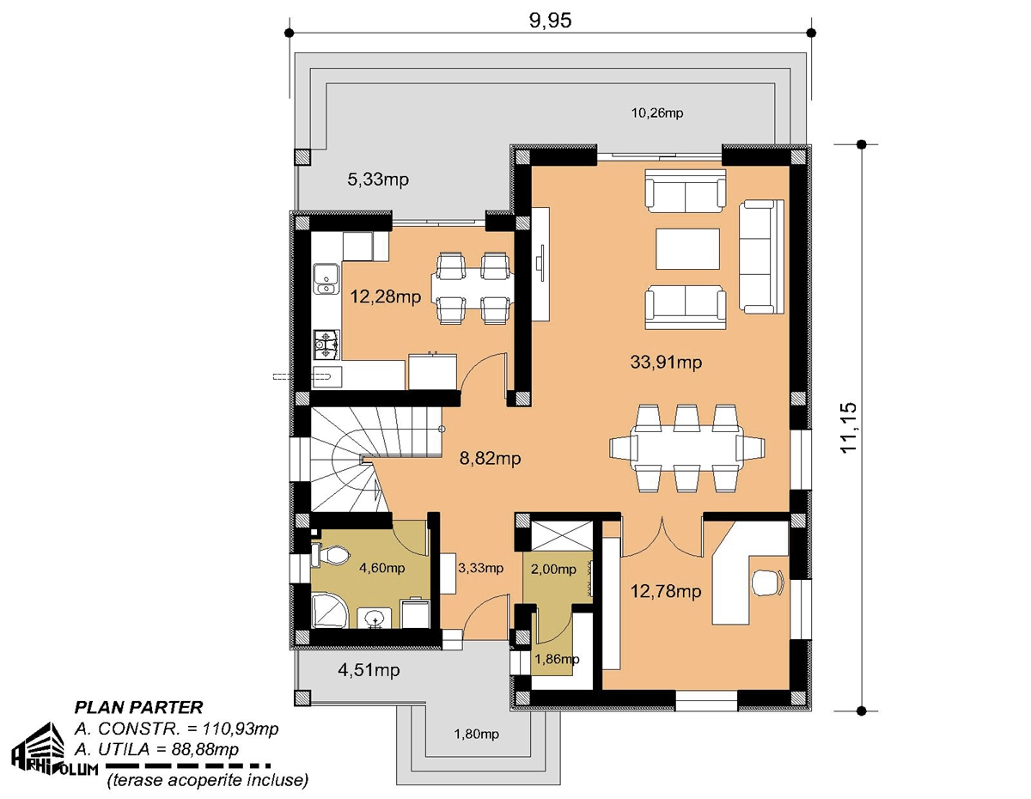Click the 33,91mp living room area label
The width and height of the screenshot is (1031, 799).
666,363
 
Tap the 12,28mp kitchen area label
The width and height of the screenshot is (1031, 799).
385,297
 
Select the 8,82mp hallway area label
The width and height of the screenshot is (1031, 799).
490,458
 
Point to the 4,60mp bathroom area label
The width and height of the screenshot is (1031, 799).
382,568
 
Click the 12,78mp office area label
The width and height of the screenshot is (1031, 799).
666,592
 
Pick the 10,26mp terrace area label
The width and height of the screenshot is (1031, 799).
657,113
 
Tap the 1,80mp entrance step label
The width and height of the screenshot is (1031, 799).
476,735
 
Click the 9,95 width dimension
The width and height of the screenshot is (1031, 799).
551,21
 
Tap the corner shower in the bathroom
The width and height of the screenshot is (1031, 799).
330,611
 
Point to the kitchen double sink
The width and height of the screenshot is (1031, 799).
326,279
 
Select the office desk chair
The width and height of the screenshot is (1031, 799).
768,582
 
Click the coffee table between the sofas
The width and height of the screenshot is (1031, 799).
687,249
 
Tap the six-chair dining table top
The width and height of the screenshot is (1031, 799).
687,448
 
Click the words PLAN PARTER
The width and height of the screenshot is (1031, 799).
138,707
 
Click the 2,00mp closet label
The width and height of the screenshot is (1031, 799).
553,570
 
